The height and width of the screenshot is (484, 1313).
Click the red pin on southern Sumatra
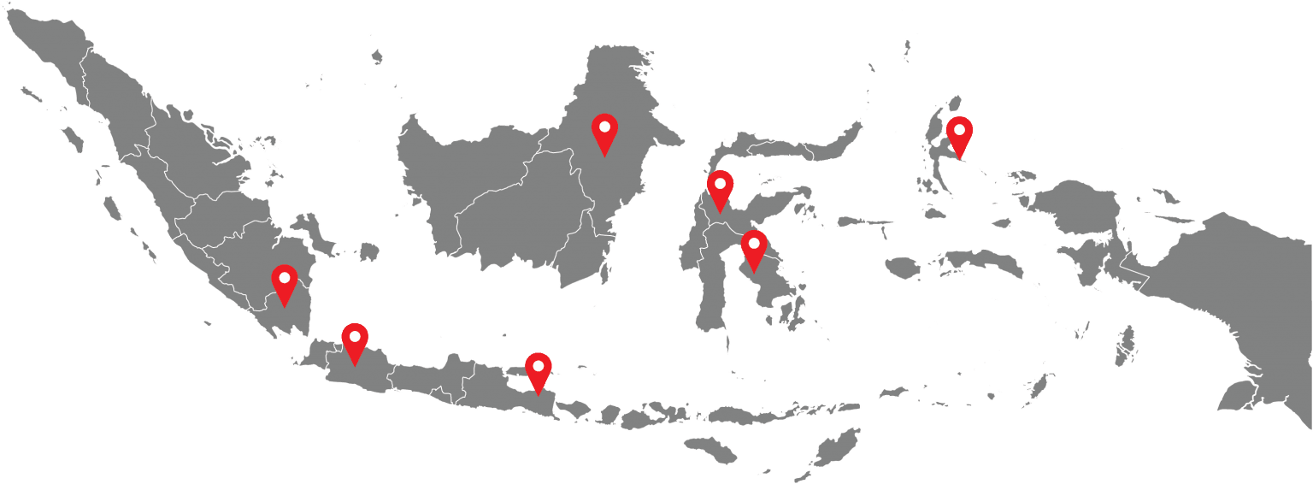[284, 282]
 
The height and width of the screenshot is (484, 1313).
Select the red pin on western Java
[355, 341]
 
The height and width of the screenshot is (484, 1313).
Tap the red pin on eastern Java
[537, 370]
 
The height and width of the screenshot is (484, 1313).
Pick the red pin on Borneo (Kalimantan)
[604, 132]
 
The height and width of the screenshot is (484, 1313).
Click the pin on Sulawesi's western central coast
[720, 188]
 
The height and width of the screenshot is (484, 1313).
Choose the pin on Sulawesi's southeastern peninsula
[753, 248]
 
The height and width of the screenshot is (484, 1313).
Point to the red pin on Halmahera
[959, 134]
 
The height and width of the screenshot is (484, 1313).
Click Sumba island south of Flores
[710, 448]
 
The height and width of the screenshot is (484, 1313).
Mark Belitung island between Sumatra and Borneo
[368, 252]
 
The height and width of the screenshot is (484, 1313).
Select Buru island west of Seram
[900, 268]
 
